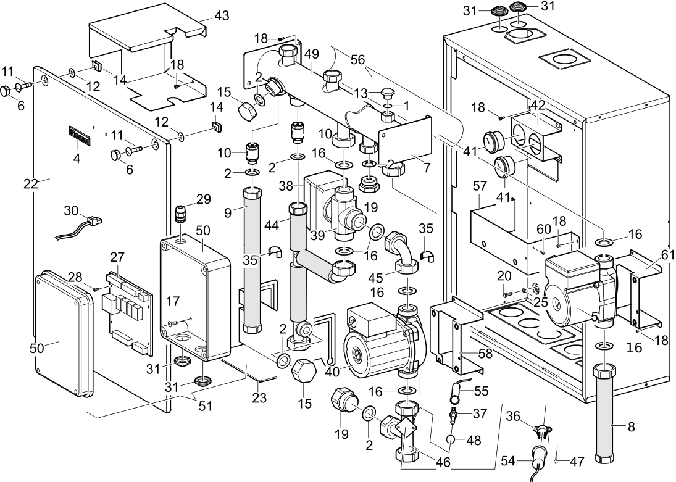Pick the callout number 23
coord(259,399)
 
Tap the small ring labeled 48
coord(452,440)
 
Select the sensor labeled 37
coord(454,415)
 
